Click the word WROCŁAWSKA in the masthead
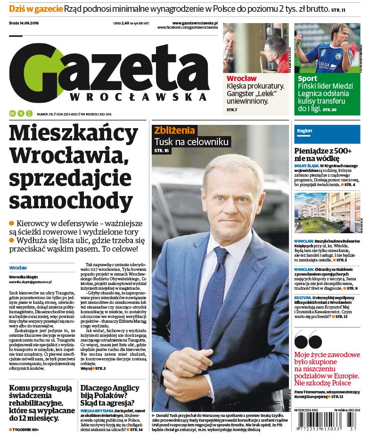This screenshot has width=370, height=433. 139,96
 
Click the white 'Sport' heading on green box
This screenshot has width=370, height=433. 307,78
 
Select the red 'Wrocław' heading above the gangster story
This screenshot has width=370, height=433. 241,78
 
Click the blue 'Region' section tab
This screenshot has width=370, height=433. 305,131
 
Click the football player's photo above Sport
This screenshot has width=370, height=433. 326,48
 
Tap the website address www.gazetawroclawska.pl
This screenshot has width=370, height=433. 195,23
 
